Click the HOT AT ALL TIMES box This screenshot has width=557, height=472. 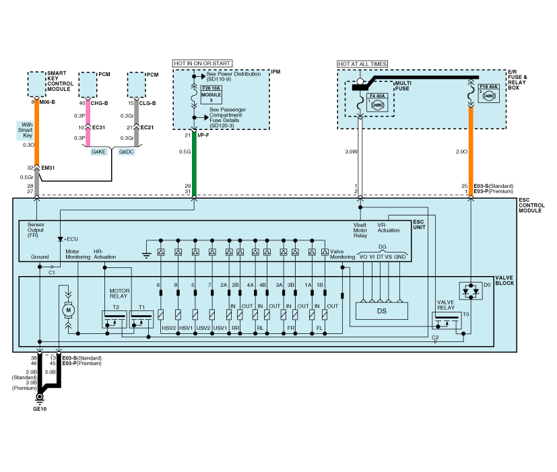pos(362,64)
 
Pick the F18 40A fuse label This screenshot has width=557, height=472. pos(488,87)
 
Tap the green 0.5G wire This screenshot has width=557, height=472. pos(194,162)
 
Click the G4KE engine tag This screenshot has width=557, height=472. pos(100,152)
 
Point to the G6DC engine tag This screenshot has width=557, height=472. pos(127,152)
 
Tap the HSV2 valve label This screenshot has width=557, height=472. pos(168,328)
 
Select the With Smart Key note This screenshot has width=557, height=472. pos(27,130)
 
